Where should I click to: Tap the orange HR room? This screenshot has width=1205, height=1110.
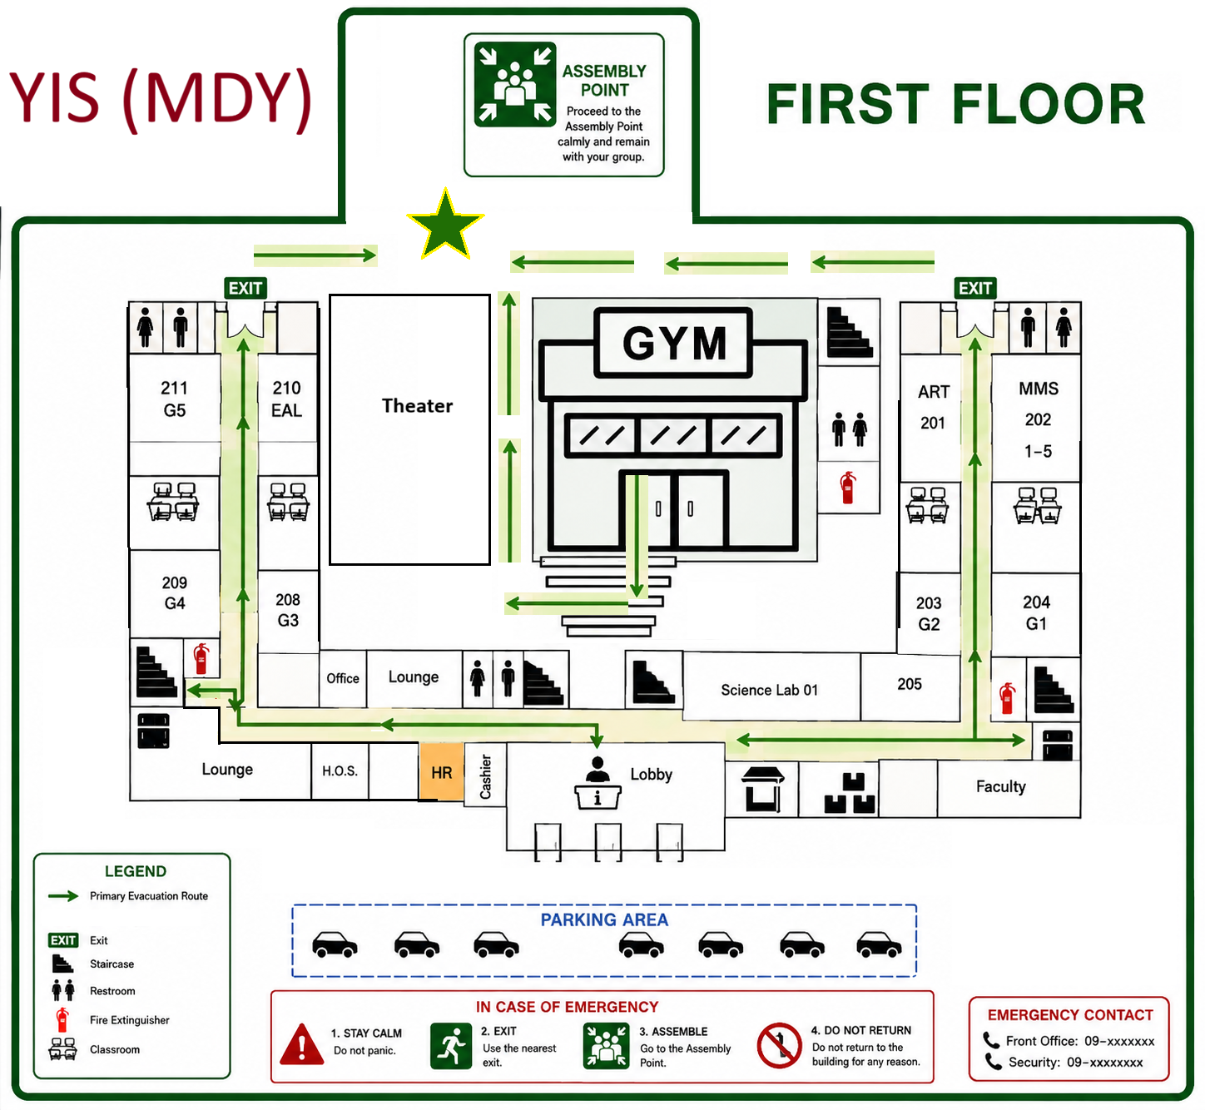(x=442, y=771)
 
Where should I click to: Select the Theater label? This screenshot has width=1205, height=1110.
(x=417, y=405)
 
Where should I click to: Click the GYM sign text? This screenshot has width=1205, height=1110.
(x=674, y=343)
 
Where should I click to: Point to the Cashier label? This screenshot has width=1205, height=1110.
(x=485, y=776)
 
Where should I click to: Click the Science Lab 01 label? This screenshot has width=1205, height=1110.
(x=770, y=690)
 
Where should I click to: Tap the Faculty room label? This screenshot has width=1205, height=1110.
(x=1001, y=786)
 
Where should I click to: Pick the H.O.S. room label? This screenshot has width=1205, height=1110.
(x=340, y=771)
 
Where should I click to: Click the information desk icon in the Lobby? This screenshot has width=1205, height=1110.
(x=598, y=783)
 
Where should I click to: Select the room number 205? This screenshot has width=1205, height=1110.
(x=910, y=683)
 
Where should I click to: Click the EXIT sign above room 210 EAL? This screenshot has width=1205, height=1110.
(x=245, y=288)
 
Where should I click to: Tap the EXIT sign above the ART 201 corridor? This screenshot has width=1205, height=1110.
(x=975, y=288)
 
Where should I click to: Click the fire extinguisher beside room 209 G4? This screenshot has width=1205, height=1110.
(x=201, y=658)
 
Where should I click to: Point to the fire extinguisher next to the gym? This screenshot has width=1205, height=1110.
(x=848, y=487)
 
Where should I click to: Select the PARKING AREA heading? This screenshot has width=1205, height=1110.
(x=604, y=919)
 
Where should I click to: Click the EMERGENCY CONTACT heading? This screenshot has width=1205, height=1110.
(x=1070, y=1014)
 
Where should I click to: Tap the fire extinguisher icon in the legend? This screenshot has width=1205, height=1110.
(x=62, y=1020)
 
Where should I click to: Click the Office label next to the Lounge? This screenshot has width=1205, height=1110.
(x=343, y=678)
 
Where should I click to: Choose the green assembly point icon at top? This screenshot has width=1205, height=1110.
(x=515, y=84)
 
